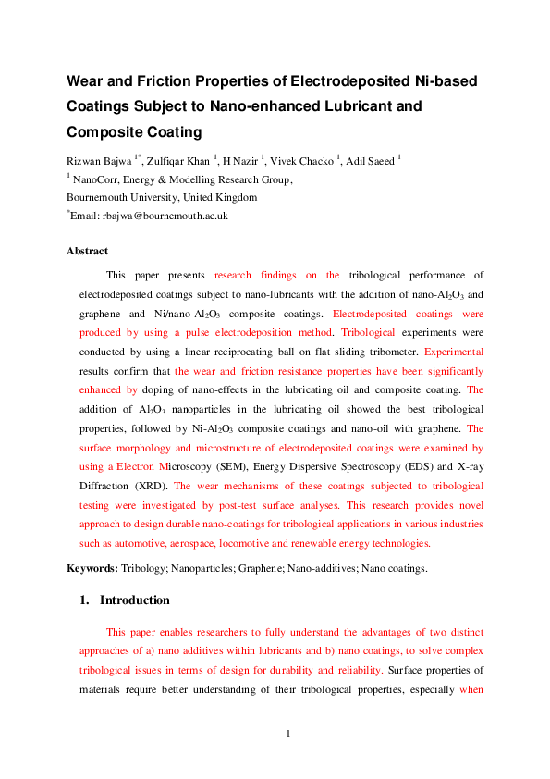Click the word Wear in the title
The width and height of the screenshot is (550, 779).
88,81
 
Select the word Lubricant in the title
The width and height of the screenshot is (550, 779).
346,106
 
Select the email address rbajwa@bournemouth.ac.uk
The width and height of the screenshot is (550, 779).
165,215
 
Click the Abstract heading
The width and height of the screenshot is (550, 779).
87,251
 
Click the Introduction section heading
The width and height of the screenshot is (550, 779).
135,600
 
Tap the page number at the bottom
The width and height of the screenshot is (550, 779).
287,735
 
